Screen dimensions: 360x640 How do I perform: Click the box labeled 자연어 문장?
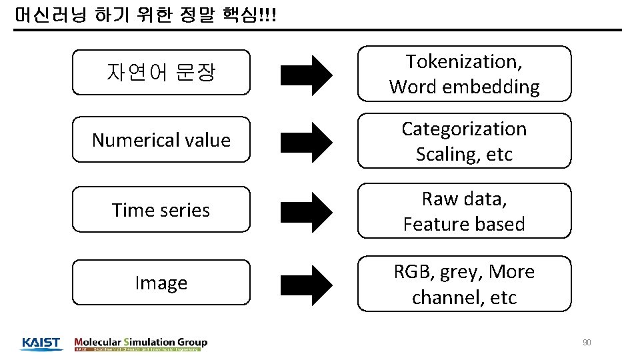[161, 72]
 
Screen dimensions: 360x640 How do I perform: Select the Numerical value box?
[161, 140]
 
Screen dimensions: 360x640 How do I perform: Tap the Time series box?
[161, 210]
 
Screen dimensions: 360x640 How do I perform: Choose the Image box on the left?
[161, 283]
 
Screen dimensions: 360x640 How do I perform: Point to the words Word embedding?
[464, 87]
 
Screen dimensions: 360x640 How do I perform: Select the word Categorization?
[464, 129]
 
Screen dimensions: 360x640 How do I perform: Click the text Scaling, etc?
[464, 154]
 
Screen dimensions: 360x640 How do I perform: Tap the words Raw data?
[464, 199]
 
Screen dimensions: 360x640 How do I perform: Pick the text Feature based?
[464, 224]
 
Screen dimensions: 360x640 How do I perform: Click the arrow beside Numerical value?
[305, 141]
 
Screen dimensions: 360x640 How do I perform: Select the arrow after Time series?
[305, 211]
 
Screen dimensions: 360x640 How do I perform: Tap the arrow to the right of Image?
[305, 283]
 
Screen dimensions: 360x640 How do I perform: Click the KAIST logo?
[41, 343]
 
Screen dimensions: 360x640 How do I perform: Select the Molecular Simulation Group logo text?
[141, 342]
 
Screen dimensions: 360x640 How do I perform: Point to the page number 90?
[587, 343]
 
